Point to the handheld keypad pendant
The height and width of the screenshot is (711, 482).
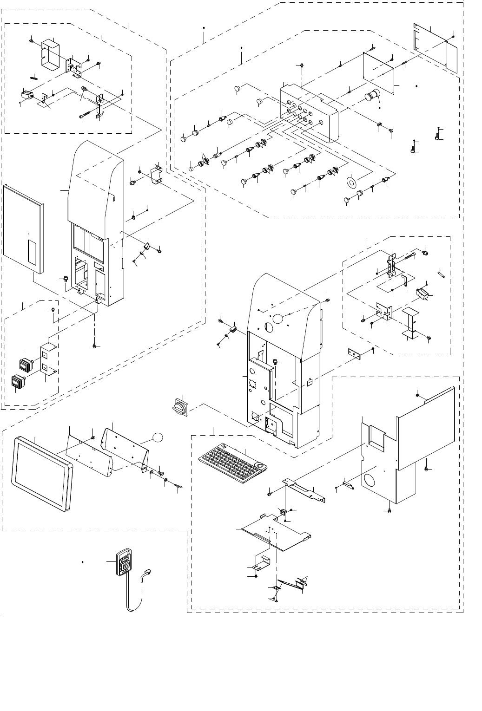[123, 564]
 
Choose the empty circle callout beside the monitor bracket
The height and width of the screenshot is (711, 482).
[158, 437]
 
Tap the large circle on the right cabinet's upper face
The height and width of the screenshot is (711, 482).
[277, 319]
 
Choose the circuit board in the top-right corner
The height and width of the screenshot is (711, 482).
[435, 46]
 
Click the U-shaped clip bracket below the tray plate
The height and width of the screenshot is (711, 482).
[263, 561]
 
